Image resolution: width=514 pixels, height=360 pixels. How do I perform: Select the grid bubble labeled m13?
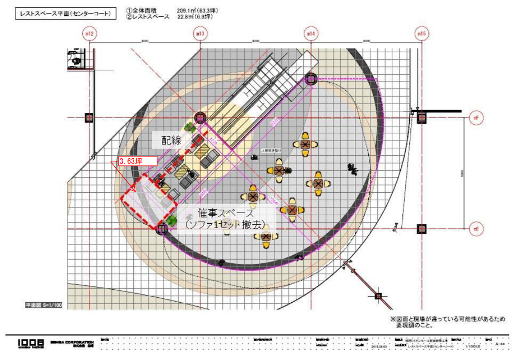pos(200,34)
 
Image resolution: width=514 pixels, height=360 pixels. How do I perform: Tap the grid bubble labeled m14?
pos(311,34)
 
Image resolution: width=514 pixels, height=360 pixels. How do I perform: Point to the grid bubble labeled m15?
pos(421,34)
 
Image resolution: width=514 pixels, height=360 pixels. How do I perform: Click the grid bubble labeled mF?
pos(476,117)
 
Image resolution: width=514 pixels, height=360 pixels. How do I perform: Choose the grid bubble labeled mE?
pos(476,229)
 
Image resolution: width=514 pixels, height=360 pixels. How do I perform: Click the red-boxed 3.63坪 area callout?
pos(138,161)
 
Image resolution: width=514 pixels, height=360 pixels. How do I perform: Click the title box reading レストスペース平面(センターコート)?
pos(66,14)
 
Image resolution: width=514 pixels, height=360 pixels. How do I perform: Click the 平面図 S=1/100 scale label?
pos(44,304)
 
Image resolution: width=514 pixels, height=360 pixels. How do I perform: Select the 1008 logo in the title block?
pos(31,343)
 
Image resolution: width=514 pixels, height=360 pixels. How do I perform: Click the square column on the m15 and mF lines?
pos(421,117)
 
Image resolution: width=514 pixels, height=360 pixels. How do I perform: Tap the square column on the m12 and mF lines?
pos(89,117)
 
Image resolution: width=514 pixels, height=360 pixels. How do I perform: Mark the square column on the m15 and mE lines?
pos(421,229)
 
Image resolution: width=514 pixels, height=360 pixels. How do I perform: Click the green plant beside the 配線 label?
pos(191,127)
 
